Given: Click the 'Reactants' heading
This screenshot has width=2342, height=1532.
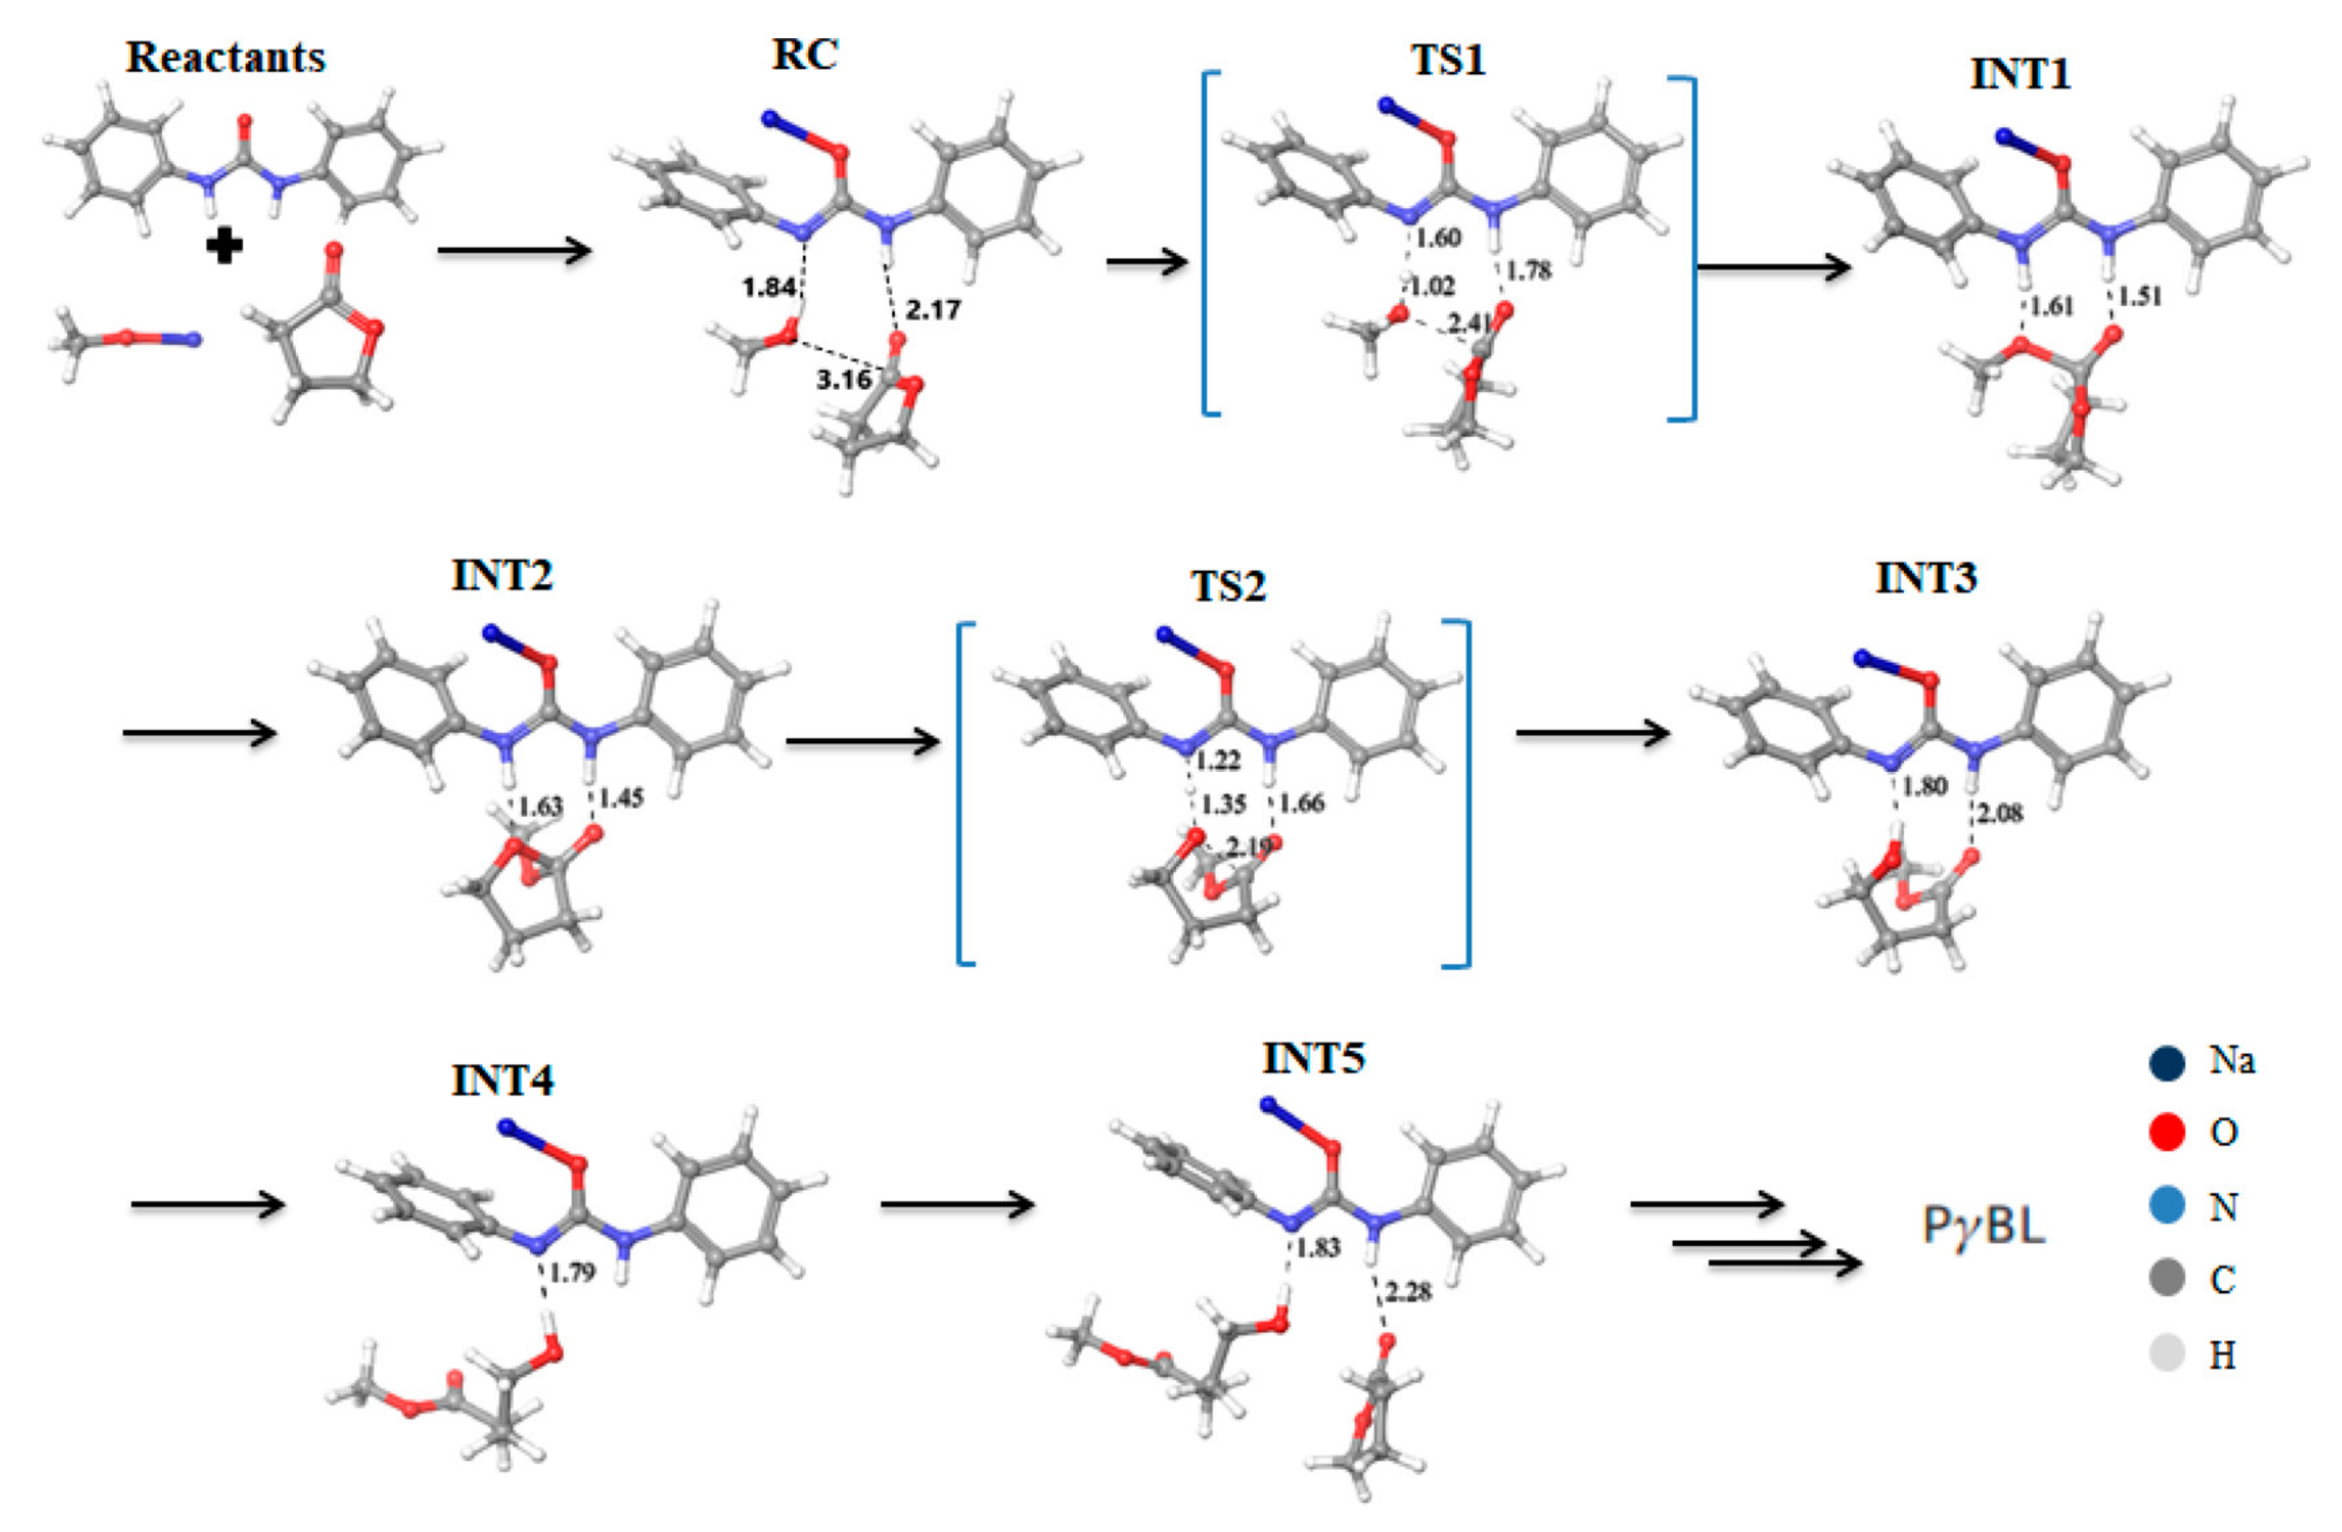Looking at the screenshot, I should (x=226, y=57).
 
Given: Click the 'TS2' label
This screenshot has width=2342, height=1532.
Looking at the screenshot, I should (x=1228, y=587).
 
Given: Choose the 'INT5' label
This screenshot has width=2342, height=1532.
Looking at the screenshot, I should (x=1313, y=1060).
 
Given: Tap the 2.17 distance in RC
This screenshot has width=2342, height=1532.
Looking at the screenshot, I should (x=932, y=311).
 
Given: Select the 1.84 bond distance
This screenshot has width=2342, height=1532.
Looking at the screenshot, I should (x=768, y=288).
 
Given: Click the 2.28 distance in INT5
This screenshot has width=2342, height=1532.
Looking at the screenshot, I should (x=1408, y=1292).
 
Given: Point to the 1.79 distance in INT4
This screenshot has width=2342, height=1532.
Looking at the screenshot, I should (x=572, y=1273).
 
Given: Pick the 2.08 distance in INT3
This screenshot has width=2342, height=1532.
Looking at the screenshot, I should (x=2001, y=814).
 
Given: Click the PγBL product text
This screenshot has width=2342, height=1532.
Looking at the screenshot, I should (x=1984, y=1226).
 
